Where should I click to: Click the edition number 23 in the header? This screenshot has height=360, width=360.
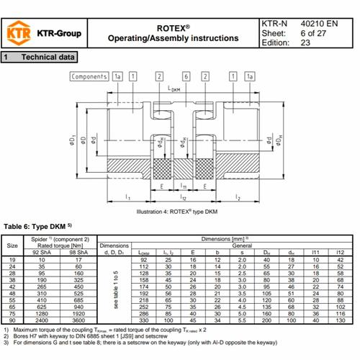pos(307,42)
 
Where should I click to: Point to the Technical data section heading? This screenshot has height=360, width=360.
pos(48,56)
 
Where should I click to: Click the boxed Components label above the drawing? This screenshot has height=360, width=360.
pos(89,76)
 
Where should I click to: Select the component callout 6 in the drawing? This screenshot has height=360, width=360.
pos(186,76)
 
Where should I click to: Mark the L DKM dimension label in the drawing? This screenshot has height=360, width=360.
pos(175,89)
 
